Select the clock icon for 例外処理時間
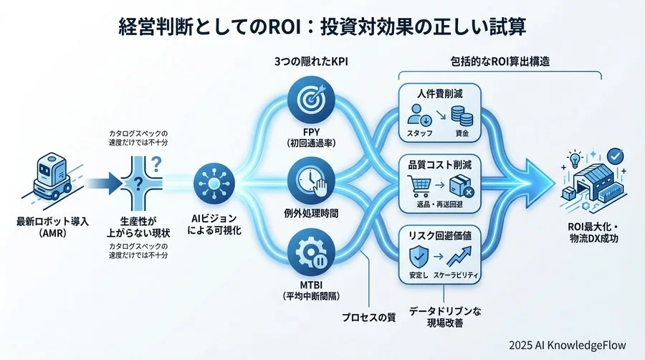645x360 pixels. click(306, 180)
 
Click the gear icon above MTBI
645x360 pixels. click(306, 256)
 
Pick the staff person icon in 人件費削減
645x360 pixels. click(416, 115)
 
